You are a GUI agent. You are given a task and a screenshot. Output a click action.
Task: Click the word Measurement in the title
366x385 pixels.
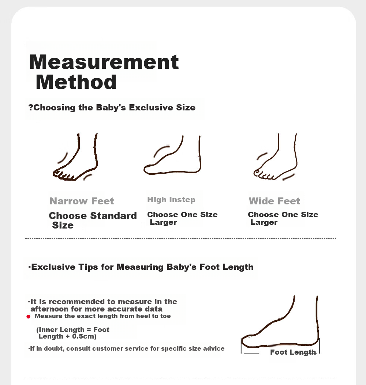[104, 62]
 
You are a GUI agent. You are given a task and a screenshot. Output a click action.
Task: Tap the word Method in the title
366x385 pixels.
[76, 82]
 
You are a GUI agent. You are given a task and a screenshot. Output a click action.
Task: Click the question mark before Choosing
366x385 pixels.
[30, 107]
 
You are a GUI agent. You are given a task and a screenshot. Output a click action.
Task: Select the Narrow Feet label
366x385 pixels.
[82, 201]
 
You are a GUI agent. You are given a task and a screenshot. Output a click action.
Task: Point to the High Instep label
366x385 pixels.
[171, 200]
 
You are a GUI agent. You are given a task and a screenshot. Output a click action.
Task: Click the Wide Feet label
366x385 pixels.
[274, 201]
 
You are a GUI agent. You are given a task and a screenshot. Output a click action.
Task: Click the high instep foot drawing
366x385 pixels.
[172, 155]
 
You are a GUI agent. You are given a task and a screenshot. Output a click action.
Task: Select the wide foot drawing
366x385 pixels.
[275, 157]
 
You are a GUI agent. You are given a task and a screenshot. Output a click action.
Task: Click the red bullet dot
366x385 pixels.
[28, 317]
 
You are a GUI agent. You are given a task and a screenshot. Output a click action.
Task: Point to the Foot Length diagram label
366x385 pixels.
[293, 352]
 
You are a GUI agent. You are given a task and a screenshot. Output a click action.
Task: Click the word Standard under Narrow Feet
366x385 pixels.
[113, 216]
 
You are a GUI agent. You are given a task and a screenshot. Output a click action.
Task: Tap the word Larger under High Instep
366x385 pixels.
[164, 222]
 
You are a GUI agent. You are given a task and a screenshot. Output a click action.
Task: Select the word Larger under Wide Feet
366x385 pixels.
[264, 222]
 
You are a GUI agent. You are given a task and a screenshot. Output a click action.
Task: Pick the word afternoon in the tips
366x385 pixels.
[49, 309]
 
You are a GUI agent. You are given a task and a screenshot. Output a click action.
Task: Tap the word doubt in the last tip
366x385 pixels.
[55, 349]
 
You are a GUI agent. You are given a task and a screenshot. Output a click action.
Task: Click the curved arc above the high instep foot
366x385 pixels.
[161, 151]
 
